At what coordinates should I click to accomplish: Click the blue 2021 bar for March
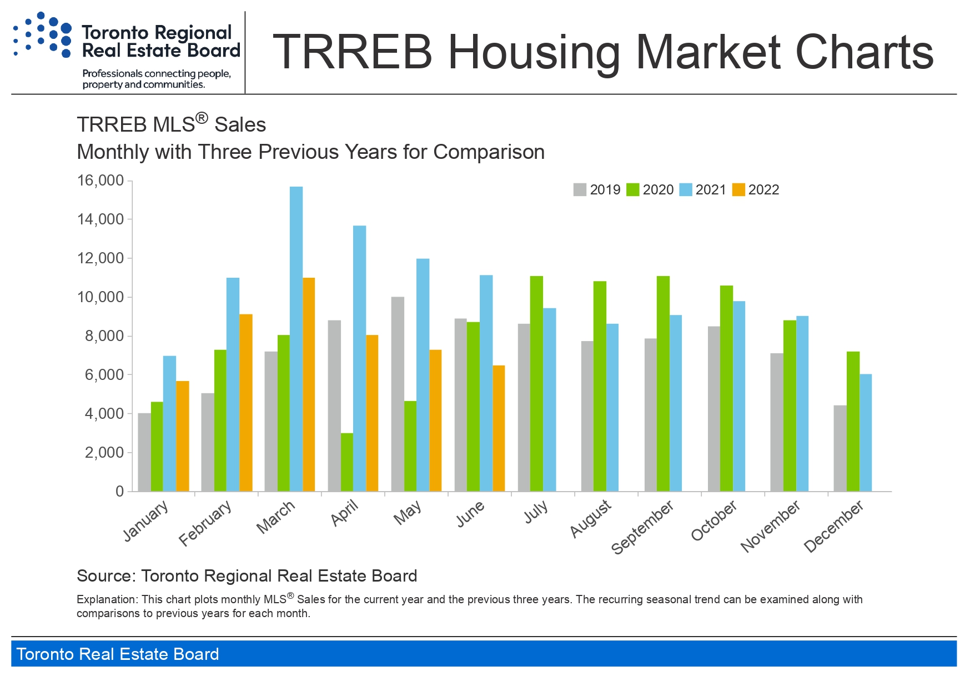tap(296, 339)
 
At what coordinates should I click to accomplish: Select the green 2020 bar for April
tap(347, 462)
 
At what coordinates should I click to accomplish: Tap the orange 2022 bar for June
tap(499, 428)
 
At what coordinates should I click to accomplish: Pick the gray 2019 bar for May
tap(398, 394)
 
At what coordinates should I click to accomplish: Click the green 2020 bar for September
tap(663, 384)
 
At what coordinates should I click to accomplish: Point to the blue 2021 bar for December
tap(866, 433)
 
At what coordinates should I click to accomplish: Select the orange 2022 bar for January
tap(183, 436)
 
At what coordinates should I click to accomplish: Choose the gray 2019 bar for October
tap(714, 409)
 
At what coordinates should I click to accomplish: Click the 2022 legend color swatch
tap(738, 190)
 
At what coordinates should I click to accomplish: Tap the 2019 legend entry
tap(597, 190)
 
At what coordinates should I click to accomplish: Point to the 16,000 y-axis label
tap(100, 181)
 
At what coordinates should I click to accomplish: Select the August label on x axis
tap(591, 519)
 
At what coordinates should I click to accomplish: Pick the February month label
tap(205, 523)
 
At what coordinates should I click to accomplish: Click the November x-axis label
tap(771, 525)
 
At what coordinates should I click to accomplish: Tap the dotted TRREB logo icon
tap(42, 35)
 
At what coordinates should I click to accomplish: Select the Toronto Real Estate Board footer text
tap(118, 654)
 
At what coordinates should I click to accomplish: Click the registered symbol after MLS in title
tap(202, 118)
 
